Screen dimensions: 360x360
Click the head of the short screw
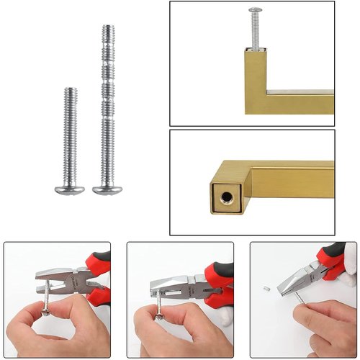point(69,189)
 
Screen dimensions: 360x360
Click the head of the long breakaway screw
point(107,189)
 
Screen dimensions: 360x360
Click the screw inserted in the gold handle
point(256,29)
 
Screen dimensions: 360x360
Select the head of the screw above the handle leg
point(255,10)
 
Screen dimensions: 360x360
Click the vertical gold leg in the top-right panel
point(258,79)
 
